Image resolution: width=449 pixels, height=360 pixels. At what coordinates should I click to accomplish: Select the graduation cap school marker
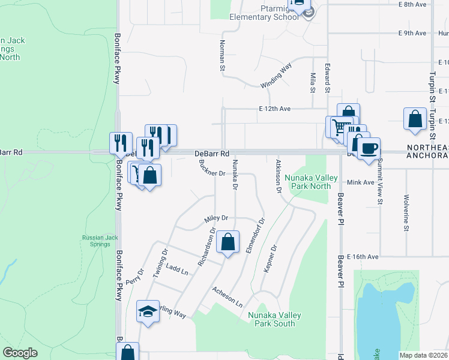(x=148, y=311)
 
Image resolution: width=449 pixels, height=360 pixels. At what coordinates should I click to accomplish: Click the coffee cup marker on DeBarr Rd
(x=369, y=147)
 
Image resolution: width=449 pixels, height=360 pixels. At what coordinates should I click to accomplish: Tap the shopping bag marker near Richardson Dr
(x=228, y=242)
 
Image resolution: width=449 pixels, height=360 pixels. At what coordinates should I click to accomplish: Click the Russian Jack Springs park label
(x=97, y=241)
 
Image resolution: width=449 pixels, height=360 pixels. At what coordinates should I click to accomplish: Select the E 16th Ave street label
(x=361, y=256)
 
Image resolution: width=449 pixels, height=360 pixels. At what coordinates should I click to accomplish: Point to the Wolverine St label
(x=406, y=212)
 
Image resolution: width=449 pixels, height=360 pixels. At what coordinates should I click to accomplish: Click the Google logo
(x=20, y=352)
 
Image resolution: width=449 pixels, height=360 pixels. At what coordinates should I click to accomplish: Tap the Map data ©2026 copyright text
(x=423, y=355)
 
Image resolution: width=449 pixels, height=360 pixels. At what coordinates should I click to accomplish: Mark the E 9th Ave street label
(x=412, y=33)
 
